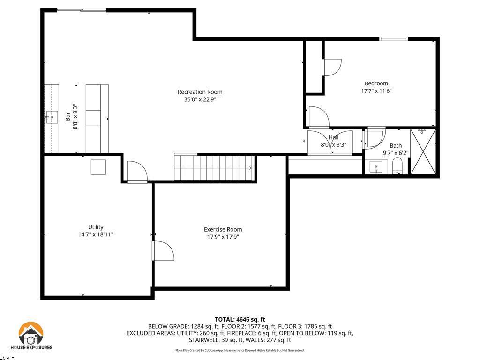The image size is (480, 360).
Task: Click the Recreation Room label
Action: pyautogui.click(x=200, y=92)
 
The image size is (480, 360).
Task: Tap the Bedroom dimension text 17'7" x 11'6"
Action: pyautogui.click(x=376, y=91)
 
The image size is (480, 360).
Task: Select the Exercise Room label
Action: pyautogui.click(x=223, y=229)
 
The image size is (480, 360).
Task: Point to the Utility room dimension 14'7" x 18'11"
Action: pyautogui.click(x=96, y=234)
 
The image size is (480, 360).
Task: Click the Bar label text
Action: pyautogui.click(x=67, y=117)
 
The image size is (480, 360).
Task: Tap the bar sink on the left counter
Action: pyautogui.click(x=52, y=117)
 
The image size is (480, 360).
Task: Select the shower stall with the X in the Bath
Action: pyautogui.click(x=423, y=151)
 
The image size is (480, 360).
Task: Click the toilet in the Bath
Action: pyautogui.click(x=397, y=166)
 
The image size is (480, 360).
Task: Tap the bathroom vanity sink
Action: pyautogui.click(x=376, y=167)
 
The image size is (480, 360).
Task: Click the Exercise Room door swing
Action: pyautogui.click(x=163, y=251)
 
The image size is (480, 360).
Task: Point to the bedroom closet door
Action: pyautogui.click(x=331, y=67)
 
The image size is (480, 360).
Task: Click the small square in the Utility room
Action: pyautogui.click(x=98, y=167)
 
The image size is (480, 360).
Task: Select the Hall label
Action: pyautogui.click(x=333, y=137)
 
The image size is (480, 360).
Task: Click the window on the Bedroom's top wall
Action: pyautogui.click(x=393, y=39)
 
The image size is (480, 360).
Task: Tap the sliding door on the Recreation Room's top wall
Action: pyautogui.click(x=81, y=10)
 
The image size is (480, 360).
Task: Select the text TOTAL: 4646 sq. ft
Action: pyautogui.click(x=240, y=319)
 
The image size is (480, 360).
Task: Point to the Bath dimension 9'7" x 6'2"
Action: pyautogui.click(x=396, y=153)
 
